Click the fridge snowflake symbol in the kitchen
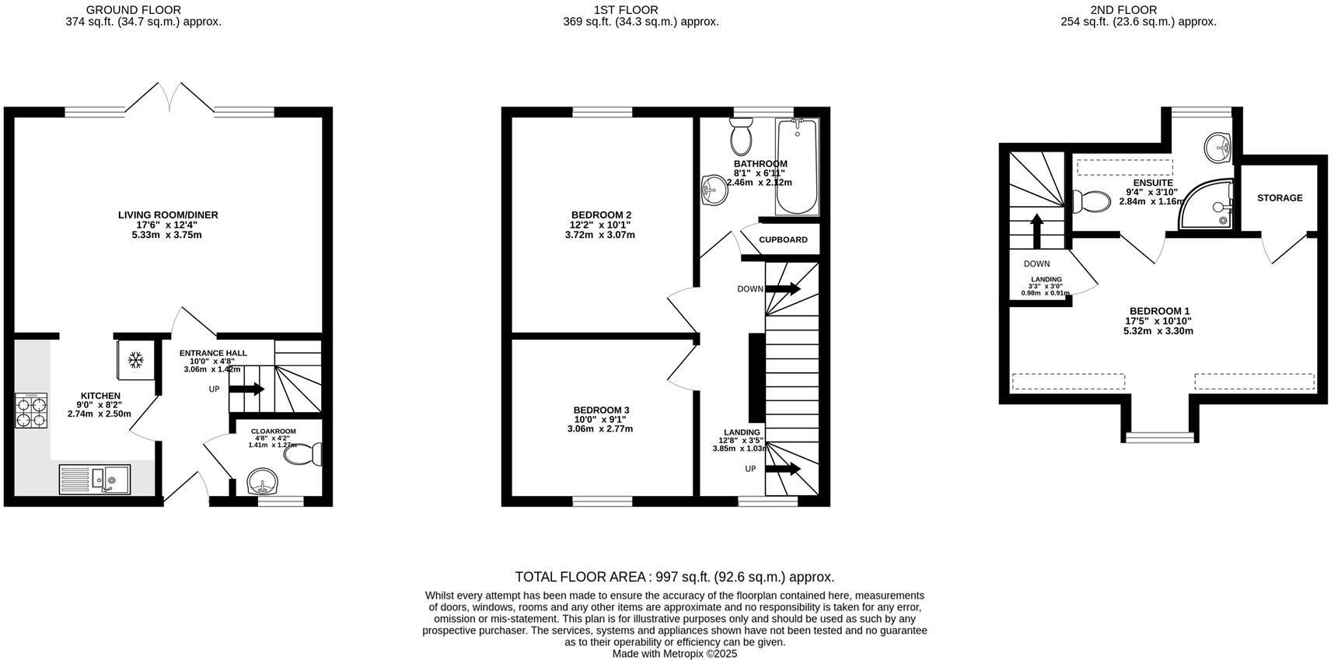(136, 359)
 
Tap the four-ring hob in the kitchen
(31, 410)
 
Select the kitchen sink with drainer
(95, 479)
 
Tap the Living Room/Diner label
(168, 215)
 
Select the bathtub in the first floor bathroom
(797, 167)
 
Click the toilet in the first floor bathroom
(741, 138)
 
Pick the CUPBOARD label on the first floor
(783, 239)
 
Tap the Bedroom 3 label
(601, 410)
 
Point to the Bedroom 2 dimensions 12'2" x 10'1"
(600, 225)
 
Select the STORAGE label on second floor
(1279, 198)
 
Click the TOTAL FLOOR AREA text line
(674, 577)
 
